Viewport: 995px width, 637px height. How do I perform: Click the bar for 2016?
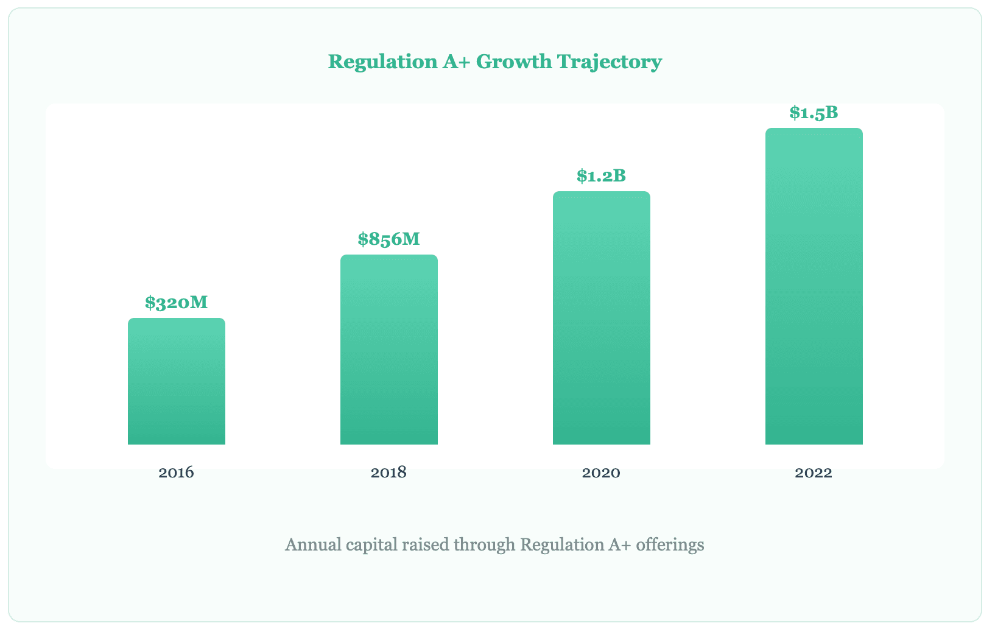click(x=177, y=381)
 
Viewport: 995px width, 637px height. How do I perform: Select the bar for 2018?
click(x=389, y=350)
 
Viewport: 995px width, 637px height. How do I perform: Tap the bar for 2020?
click(x=602, y=318)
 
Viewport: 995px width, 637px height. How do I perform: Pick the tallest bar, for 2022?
click(x=814, y=286)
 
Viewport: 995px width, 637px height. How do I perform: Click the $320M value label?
click(x=177, y=303)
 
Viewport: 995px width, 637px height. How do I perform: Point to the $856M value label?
click(x=389, y=239)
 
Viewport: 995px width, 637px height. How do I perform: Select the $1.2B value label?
click(x=602, y=176)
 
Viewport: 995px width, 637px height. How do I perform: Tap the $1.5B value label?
click(x=814, y=113)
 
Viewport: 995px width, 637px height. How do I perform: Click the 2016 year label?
click(x=177, y=473)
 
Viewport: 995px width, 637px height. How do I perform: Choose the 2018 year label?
click(x=389, y=473)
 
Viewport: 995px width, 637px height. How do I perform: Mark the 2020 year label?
click(x=602, y=473)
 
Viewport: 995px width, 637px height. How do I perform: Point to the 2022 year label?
click(x=814, y=473)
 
